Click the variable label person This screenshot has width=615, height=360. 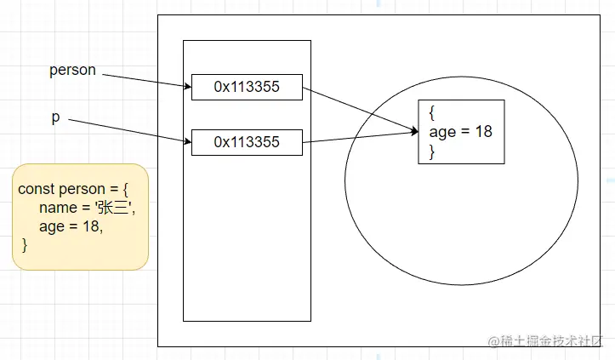coord(72,71)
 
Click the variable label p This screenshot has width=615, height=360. coord(55,117)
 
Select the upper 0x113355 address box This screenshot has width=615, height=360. coord(247,86)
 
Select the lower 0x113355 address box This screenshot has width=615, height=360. coord(247,142)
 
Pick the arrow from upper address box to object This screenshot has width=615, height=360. coord(357,108)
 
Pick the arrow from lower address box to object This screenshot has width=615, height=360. coord(357,137)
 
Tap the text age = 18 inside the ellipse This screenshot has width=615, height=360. coord(461,132)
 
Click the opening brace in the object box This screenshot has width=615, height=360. coord(432,112)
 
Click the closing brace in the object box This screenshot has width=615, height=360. coord(432,151)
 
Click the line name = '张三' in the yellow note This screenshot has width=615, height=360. coord(87,209)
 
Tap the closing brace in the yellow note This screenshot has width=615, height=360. coord(25,245)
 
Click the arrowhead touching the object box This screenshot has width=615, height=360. coord(414,131)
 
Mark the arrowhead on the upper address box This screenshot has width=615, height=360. coord(186,85)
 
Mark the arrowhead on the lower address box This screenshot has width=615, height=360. coord(186,141)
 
